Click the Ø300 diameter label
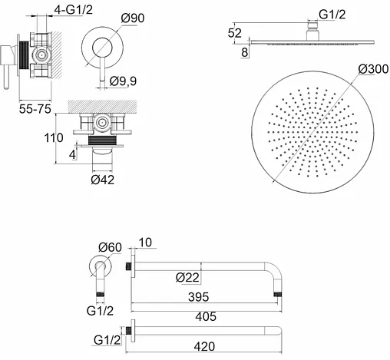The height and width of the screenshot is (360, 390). [x=373, y=69]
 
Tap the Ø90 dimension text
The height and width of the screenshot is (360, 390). [x=133, y=18]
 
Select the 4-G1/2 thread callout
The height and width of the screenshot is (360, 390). [x=73, y=10]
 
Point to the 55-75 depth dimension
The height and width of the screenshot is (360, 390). [x=35, y=109]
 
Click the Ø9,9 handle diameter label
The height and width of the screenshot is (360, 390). [x=123, y=81]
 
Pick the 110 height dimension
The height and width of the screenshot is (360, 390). [x=54, y=138]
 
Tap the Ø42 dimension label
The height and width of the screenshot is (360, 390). [x=102, y=180]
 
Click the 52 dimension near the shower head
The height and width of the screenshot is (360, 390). [x=235, y=33]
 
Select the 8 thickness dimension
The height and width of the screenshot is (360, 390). [x=245, y=52]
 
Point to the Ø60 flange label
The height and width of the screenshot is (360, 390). [x=111, y=247]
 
